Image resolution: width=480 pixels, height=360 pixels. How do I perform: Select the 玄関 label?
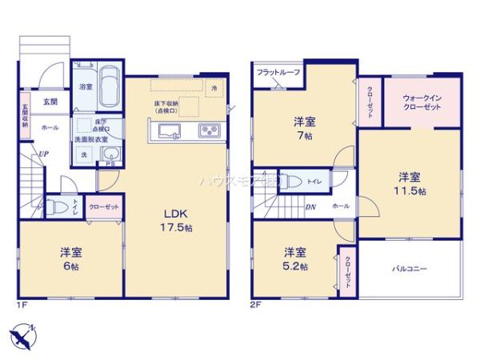(50, 102)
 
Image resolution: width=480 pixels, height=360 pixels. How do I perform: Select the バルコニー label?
(409, 269)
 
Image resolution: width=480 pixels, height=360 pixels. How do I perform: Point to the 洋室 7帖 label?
(304, 128)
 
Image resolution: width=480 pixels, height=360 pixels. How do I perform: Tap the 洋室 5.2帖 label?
(294, 258)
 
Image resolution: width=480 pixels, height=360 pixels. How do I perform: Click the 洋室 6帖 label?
(70, 258)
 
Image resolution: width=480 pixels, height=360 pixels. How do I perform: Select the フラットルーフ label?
(278, 73)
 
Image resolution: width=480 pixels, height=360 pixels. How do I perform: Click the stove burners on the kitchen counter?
(209, 130)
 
